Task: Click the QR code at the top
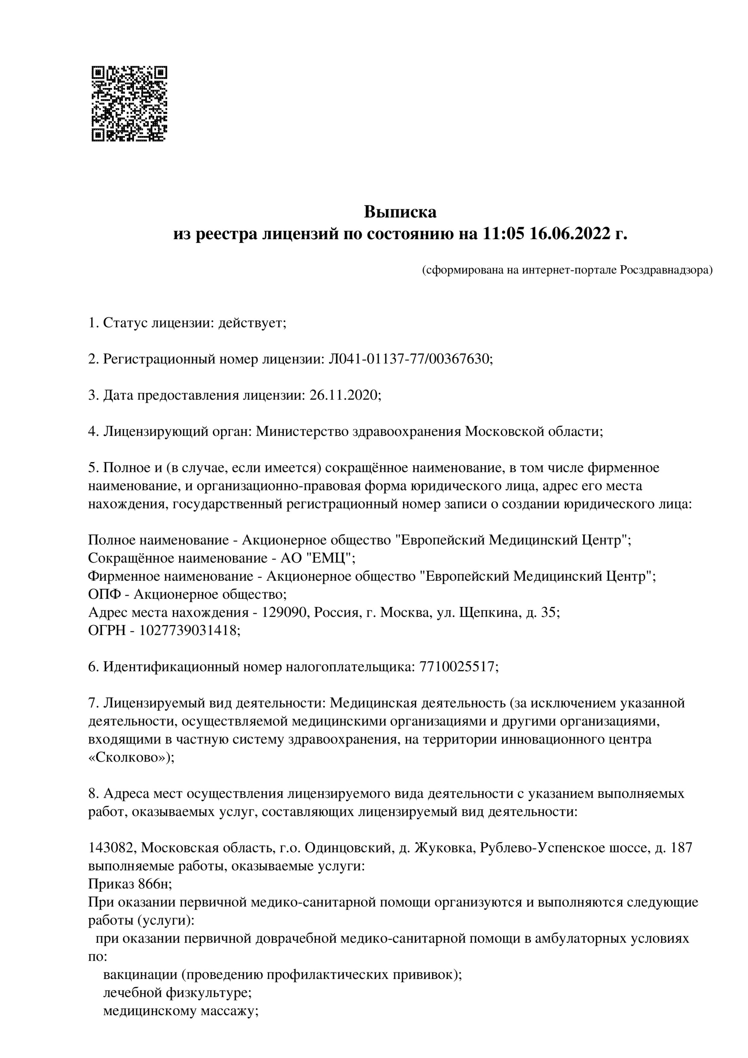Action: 129,104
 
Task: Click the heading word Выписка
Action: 400,212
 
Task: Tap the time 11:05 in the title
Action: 504,234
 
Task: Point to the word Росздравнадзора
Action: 666,270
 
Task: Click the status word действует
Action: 252,323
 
